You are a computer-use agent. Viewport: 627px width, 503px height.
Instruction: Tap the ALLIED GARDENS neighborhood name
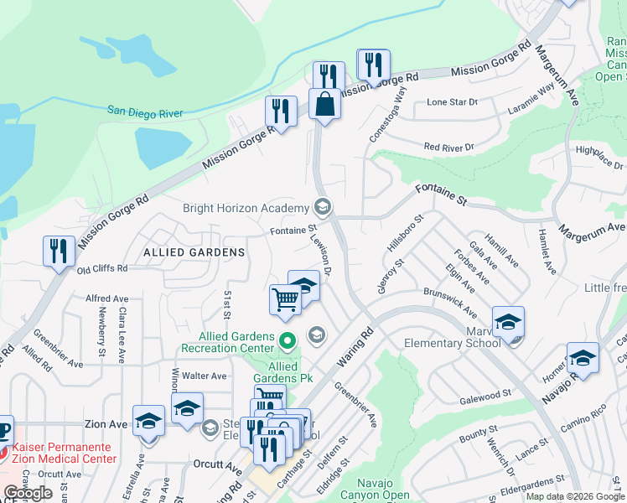click(194, 251)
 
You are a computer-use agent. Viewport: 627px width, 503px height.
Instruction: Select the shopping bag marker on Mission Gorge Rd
click(324, 106)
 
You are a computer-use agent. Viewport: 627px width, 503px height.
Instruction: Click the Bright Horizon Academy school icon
click(322, 207)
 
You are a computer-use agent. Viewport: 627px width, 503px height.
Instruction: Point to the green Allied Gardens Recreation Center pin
click(288, 340)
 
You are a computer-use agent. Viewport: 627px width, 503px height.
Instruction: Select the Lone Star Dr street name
click(452, 102)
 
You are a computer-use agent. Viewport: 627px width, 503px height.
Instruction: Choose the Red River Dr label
click(448, 147)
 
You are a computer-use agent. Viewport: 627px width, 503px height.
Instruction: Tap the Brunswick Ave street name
click(450, 303)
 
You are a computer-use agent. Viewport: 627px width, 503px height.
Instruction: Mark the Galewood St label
click(484, 393)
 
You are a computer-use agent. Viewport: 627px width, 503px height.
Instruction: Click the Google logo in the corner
click(28, 493)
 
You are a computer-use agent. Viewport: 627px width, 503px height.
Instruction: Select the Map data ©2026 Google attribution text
click(574, 496)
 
